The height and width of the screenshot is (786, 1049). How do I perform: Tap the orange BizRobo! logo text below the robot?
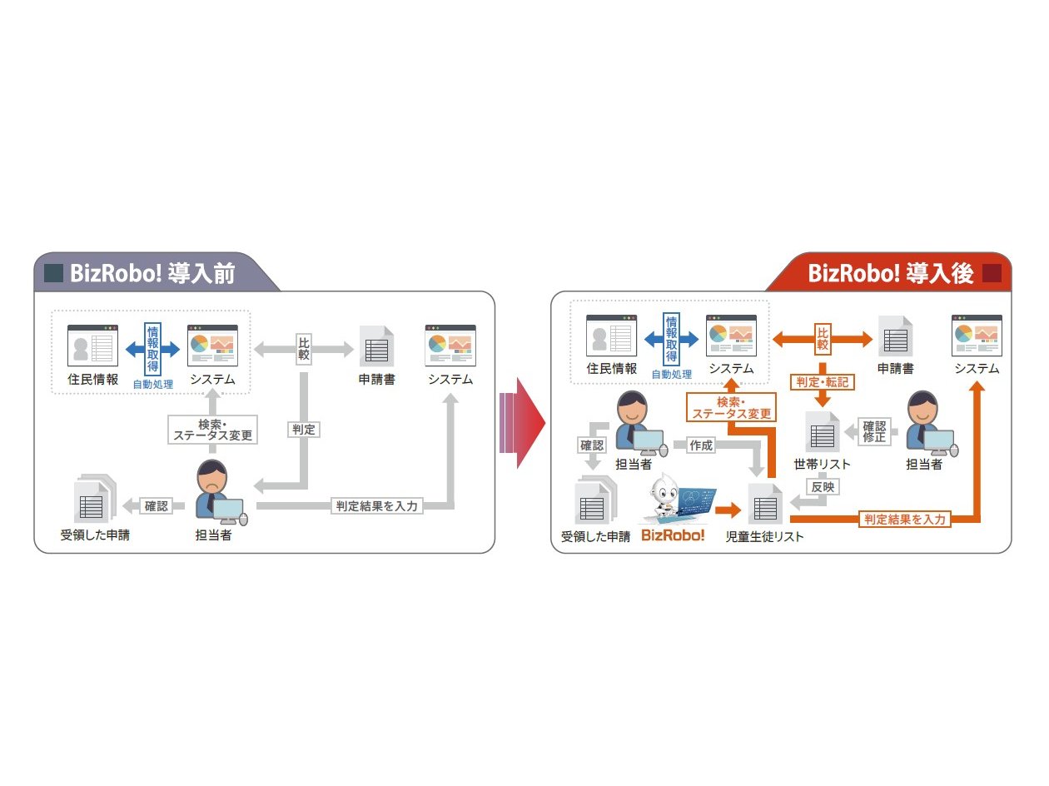[673, 535]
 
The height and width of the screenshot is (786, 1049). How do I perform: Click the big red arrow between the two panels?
[523, 424]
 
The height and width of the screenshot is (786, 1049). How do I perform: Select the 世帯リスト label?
[822, 464]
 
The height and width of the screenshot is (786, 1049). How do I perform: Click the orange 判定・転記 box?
[823, 381]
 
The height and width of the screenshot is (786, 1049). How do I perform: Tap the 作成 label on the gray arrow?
[701, 445]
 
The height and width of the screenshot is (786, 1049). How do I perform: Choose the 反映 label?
[822, 487]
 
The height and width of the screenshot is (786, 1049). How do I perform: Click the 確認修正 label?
[874, 430]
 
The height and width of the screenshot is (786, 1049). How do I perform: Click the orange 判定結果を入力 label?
[904, 519]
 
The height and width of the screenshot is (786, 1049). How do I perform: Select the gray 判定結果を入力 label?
[377, 505]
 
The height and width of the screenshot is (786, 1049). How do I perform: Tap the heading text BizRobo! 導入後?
[892, 273]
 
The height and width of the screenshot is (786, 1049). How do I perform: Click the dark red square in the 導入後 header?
[991, 273]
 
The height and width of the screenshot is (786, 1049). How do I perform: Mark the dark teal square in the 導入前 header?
[53, 273]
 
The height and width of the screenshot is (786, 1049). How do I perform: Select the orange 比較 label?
[823, 339]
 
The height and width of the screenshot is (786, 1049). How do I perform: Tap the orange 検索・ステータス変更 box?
[729, 408]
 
